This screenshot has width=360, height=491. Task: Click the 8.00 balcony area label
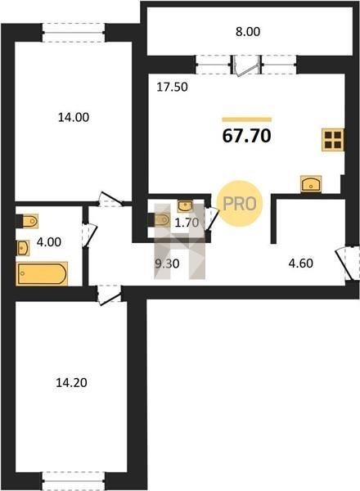[248, 32]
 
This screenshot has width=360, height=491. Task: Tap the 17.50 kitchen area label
[172, 87]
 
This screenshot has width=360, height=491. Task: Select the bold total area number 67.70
[246, 136]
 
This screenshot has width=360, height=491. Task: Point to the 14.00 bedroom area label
[74, 117]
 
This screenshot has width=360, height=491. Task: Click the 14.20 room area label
[71, 383]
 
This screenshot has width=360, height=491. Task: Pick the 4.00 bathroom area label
[49, 242]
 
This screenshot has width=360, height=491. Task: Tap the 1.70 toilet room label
[187, 223]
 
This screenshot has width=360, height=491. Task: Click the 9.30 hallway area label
[167, 264]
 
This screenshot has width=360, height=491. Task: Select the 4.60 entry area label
[300, 264]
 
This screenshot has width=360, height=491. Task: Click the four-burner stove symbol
[333, 140]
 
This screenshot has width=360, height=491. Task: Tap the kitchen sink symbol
[311, 183]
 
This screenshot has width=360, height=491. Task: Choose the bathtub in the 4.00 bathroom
[42, 273]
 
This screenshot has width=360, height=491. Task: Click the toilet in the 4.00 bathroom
[27, 222]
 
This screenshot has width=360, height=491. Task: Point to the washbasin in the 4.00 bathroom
[23, 248]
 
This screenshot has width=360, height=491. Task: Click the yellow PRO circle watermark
[240, 204]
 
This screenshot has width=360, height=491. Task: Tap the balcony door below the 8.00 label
[245, 65]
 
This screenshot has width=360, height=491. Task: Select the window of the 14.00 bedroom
[74, 32]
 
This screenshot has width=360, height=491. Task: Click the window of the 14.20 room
[74, 480]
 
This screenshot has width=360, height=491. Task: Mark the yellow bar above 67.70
[246, 119]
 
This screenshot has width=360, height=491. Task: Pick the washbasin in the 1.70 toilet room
[185, 206]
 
